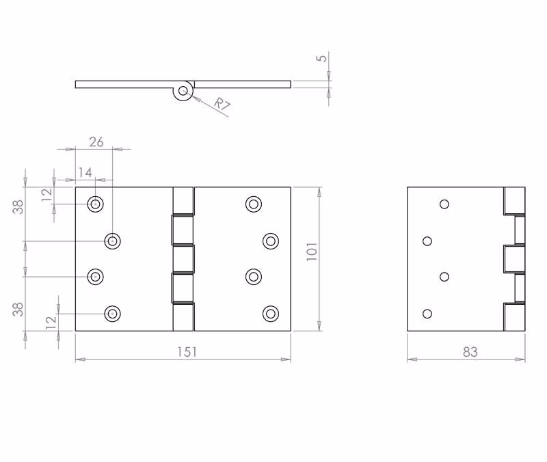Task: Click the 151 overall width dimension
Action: pyautogui.click(x=187, y=352)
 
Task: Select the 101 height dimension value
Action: pyautogui.click(x=312, y=252)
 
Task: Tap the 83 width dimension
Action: pyautogui.click(x=470, y=352)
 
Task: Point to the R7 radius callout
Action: pyautogui.click(x=222, y=105)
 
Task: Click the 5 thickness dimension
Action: pyautogui.click(x=322, y=58)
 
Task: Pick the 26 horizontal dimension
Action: pyautogui.click(x=96, y=142)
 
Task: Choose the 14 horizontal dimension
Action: pyautogui.click(x=85, y=173)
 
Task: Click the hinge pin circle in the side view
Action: pyautogui.click(x=183, y=92)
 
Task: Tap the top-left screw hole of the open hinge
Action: pyautogui.click(x=95, y=204)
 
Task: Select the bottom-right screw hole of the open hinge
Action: pyautogui.click(x=271, y=314)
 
